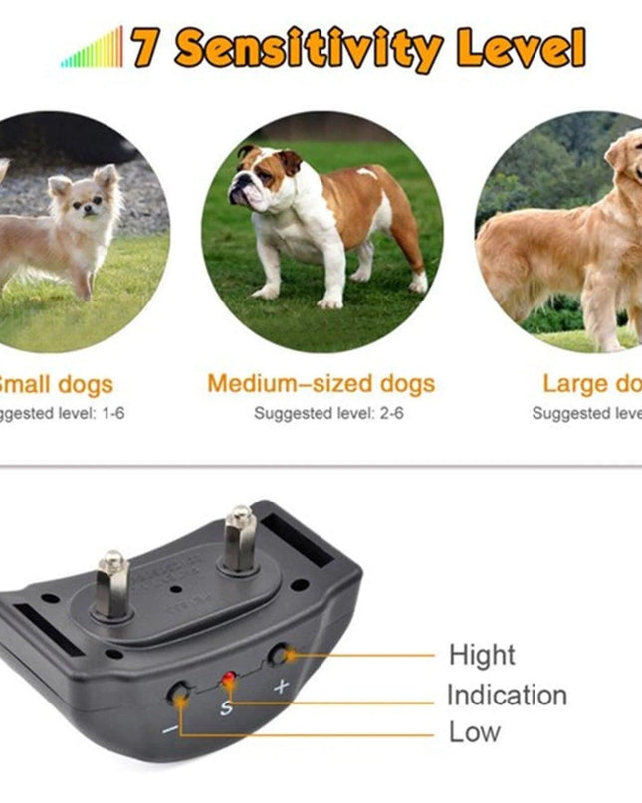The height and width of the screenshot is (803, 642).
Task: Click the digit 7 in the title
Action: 145,47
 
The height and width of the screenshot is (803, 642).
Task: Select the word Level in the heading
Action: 521,47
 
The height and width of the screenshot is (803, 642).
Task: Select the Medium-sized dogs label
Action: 321,384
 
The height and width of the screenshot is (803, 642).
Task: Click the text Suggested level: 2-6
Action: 328,413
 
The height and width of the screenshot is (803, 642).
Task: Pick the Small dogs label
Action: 56,384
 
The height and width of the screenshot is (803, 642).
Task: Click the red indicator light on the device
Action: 228,680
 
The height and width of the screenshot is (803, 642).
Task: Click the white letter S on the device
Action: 226,705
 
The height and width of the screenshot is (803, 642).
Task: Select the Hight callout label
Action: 483,655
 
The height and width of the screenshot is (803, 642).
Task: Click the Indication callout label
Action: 507,695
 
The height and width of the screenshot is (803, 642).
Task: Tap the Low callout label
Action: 475,733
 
